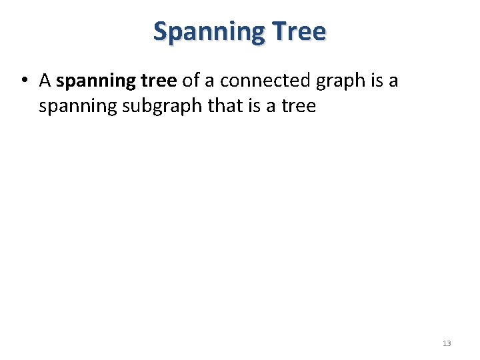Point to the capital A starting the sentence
pyautogui.click(x=45, y=81)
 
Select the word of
pyautogui.click(x=191, y=81)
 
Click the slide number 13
pyautogui.click(x=447, y=343)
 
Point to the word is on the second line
pyautogui.click(x=263, y=105)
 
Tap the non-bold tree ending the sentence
pyautogui.click(x=300, y=105)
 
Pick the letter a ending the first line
pyautogui.click(x=393, y=81)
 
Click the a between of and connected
pyautogui.click(x=209, y=81)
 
